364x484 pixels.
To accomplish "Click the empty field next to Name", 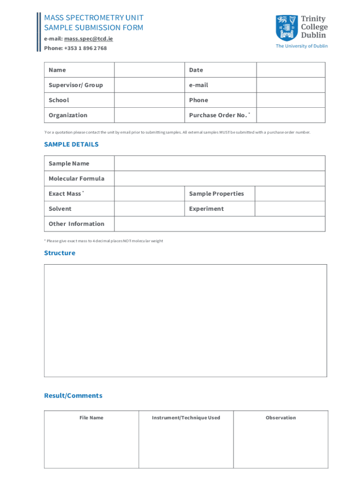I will click(x=149, y=70).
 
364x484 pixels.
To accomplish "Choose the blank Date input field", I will click(x=290, y=70).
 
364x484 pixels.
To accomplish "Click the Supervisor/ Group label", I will click(x=76, y=85).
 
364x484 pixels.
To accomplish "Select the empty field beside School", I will click(x=149, y=100).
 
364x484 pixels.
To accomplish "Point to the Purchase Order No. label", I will click(x=218, y=115).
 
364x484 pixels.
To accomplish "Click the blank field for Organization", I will click(x=149, y=115).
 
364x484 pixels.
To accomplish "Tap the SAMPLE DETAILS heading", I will click(x=71, y=145).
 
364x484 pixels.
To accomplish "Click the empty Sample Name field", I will click(x=219, y=164).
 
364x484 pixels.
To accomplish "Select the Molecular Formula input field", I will click(x=219, y=179).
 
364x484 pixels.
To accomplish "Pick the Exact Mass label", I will click(x=65, y=194).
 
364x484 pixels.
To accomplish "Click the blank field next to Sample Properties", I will click(x=290, y=194).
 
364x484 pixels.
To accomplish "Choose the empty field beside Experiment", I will click(x=290, y=209).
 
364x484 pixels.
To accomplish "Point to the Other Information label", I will click(x=77, y=224).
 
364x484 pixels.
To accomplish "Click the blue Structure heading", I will click(x=60, y=253).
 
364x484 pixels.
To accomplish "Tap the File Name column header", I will click(x=91, y=418).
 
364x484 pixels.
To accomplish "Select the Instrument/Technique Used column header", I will click(x=186, y=418).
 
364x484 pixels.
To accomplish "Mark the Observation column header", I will click(x=281, y=418).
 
